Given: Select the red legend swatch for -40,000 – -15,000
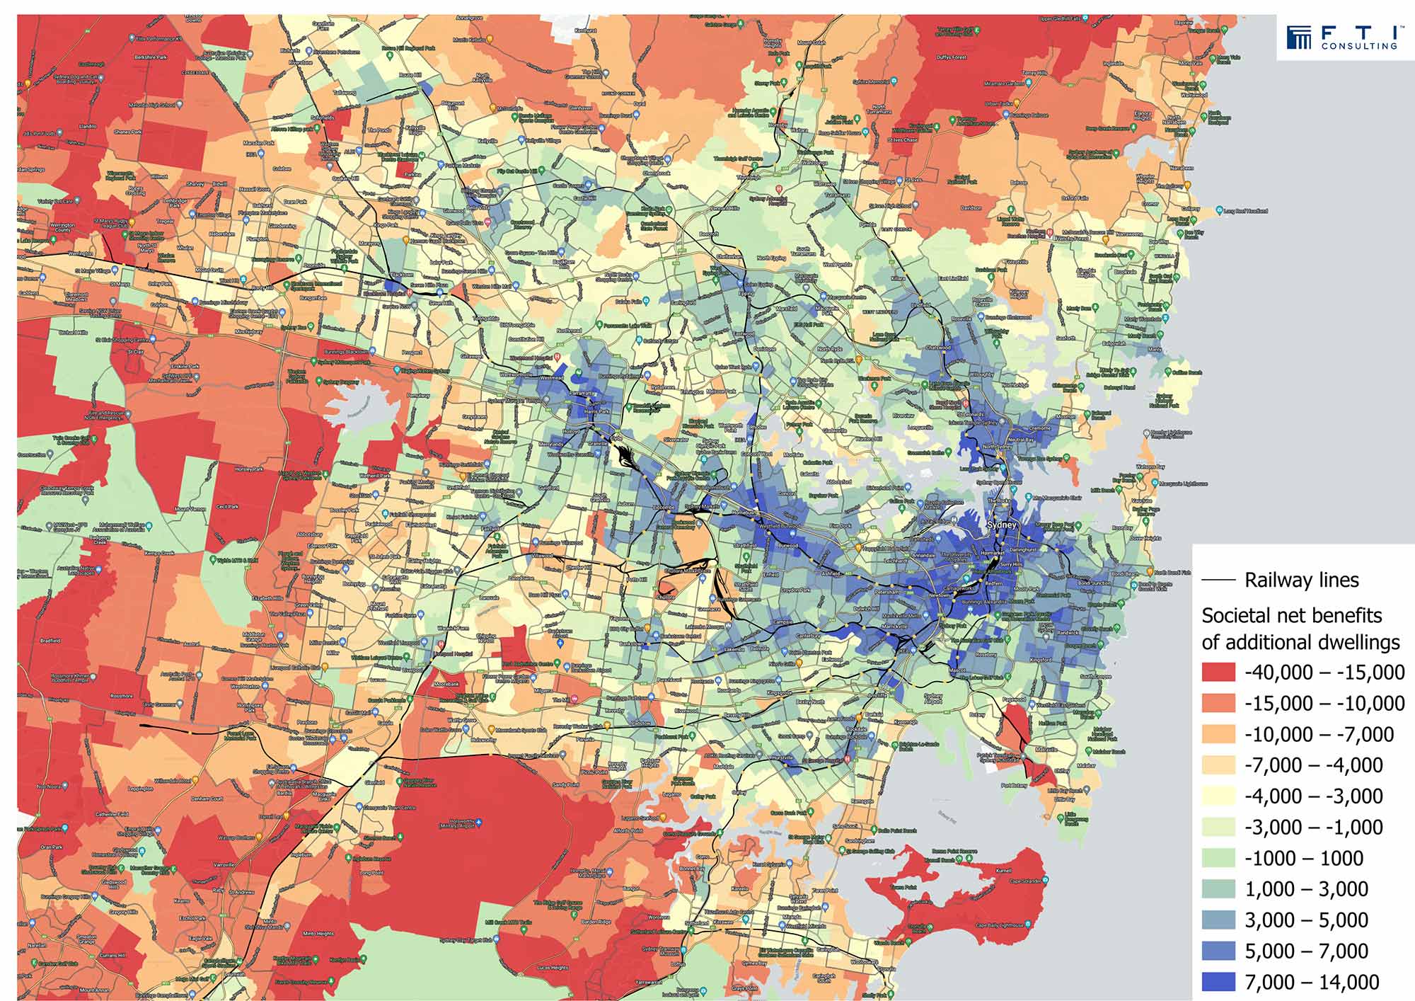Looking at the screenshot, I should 1218,672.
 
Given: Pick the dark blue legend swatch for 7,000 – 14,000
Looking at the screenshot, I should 1218,982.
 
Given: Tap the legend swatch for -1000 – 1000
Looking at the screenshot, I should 1218,858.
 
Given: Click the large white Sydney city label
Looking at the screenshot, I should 1001,525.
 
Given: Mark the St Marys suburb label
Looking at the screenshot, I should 120,284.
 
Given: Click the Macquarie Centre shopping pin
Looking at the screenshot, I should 824,295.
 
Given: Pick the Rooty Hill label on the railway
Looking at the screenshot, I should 262,287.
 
